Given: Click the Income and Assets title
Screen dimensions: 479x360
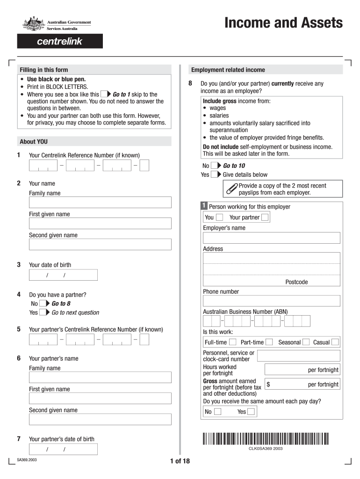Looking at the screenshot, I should point(283,23).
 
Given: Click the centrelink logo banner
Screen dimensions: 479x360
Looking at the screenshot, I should point(60,42).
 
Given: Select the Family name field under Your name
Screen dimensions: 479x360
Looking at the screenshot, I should point(100,202).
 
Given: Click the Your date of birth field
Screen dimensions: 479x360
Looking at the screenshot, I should point(63,275).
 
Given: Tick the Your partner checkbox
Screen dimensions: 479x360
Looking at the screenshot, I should point(265,217).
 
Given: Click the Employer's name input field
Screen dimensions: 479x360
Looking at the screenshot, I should point(271,238).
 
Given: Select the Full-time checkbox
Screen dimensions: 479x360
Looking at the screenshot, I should point(232,342).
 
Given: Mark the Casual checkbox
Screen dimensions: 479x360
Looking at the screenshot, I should point(335,342).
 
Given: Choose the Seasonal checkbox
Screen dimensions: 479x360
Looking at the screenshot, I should point(306,342).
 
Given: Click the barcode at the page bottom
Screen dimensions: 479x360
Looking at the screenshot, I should point(266,438).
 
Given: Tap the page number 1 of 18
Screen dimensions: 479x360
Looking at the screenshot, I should point(180,461).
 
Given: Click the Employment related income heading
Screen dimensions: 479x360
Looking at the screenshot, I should point(228,70).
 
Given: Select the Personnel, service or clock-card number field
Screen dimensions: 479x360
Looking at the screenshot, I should point(298,355).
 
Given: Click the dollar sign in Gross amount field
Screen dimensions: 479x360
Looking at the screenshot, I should point(269,385).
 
